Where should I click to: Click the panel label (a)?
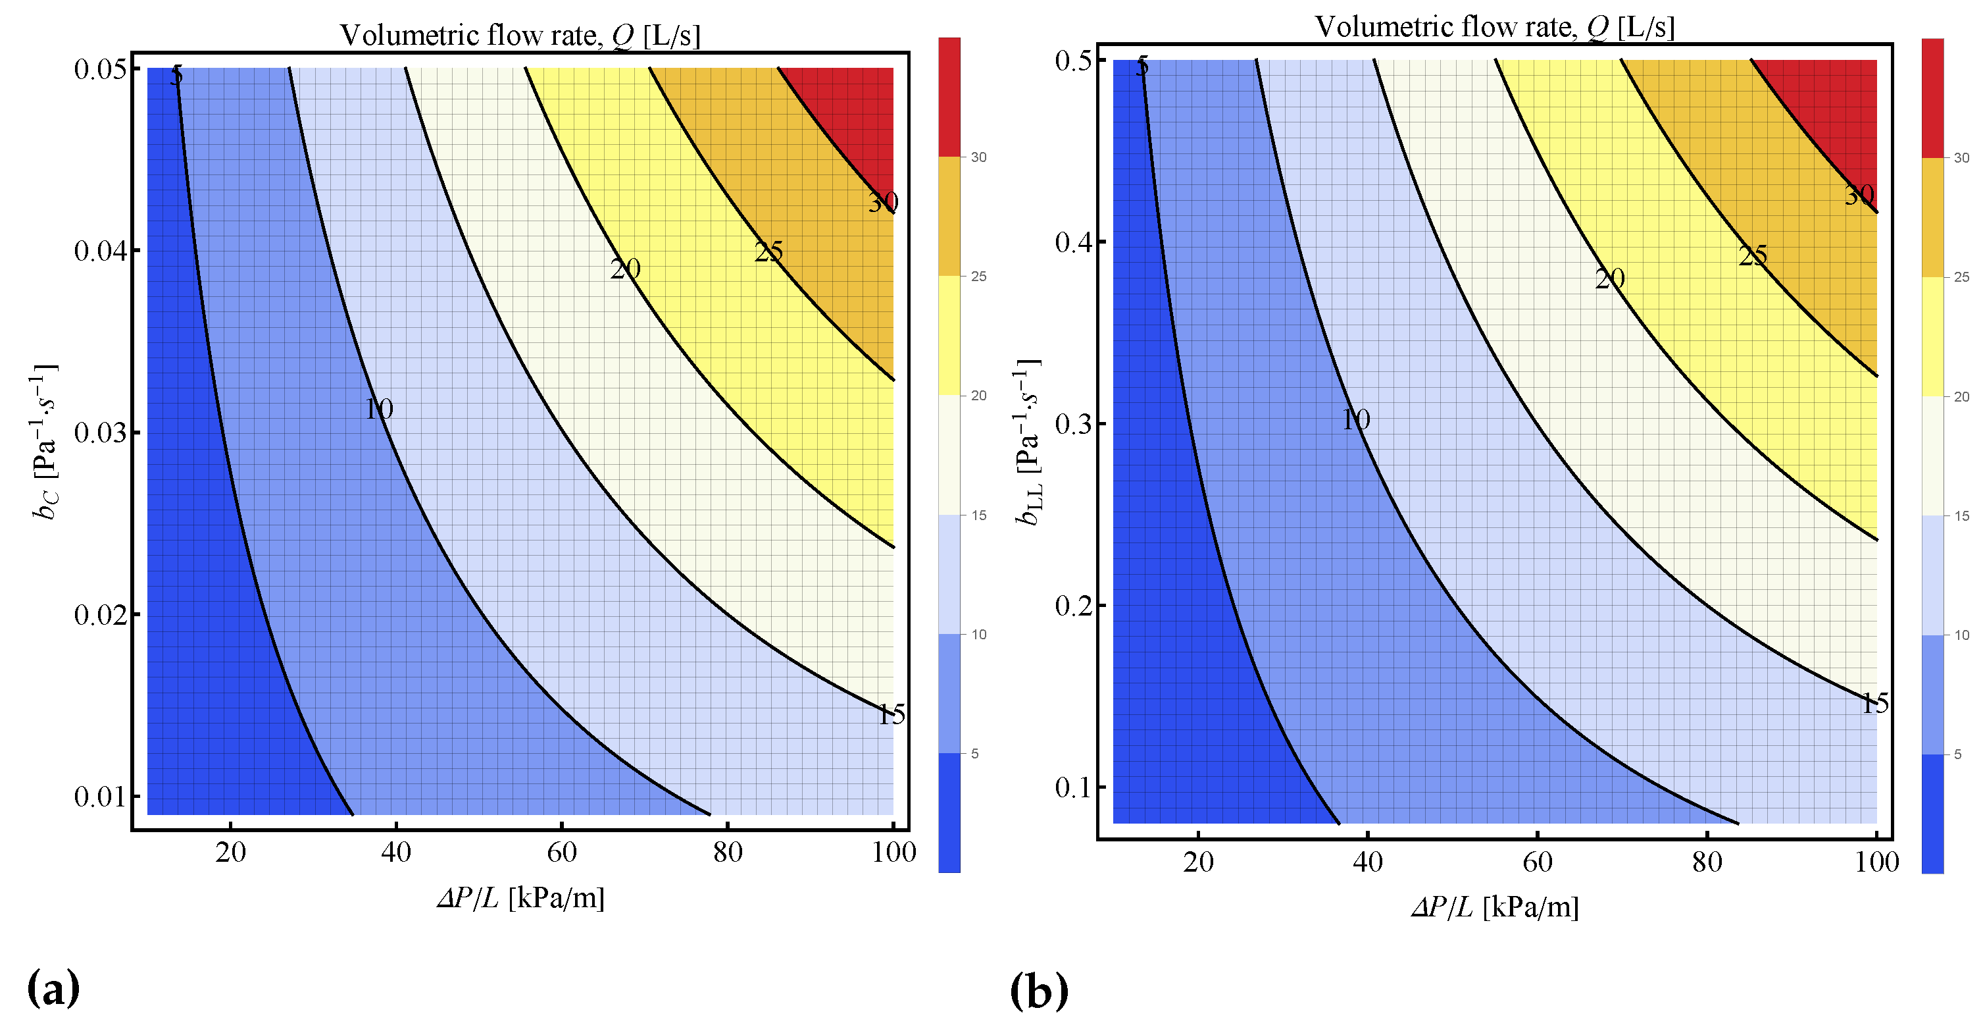coord(53,988)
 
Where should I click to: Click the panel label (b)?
coord(1038,991)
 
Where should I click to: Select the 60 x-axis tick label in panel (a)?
coord(562,852)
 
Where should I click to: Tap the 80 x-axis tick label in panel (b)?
coord(1707,862)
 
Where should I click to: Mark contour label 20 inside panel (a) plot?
coord(625,269)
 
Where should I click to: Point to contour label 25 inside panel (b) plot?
coord(1753,255)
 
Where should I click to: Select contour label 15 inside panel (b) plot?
coord(1874,703)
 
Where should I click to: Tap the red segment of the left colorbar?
coord(949,96)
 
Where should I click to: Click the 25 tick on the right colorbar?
coord(1961,277)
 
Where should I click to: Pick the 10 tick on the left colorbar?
coord(978,635)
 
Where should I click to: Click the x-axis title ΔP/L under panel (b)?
coord(1494,907)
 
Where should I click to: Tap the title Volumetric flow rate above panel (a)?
coord(520,36)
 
